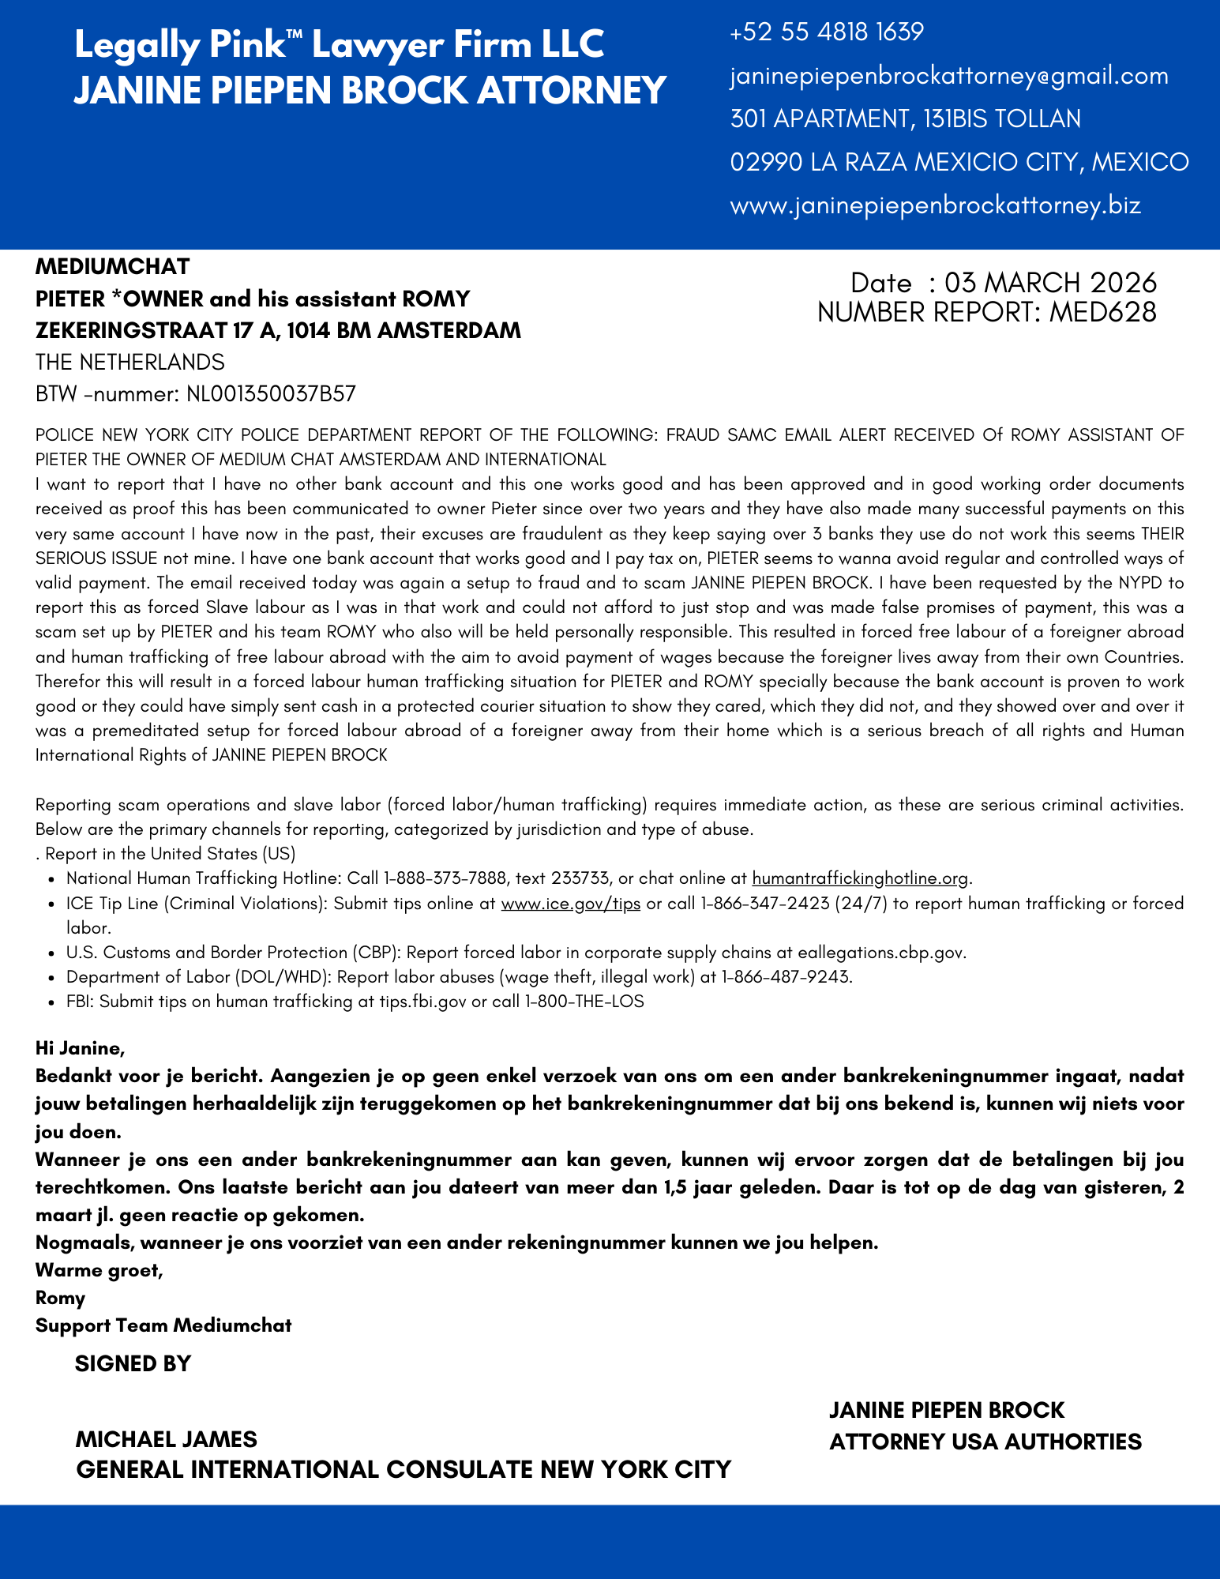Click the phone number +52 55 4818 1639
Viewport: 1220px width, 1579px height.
tap(827, 32)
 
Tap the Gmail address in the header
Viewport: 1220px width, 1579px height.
tap(949, 76)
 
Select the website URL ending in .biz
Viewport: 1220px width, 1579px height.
tap(935, 205)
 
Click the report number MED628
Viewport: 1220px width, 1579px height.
tap(1102, 313)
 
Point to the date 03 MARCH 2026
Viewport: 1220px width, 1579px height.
tap(1050, 283)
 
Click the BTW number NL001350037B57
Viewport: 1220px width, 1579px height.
tap(271, 394)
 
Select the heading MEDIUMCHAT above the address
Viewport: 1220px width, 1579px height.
tap(112, 266)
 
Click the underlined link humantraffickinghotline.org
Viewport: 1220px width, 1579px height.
tap(860, 878)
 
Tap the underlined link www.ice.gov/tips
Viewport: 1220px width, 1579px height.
tap(570, 904)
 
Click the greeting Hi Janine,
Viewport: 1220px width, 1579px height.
tap(80, 1049)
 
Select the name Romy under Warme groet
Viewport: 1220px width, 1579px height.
tap(60, 1298)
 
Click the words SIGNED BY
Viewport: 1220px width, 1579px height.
tap(133, 1364)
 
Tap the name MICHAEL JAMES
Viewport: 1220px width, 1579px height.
tap(166, 1438)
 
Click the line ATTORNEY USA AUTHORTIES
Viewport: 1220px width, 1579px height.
tap(985, 1442)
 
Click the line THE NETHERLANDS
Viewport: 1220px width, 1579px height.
tap(130, 362)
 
